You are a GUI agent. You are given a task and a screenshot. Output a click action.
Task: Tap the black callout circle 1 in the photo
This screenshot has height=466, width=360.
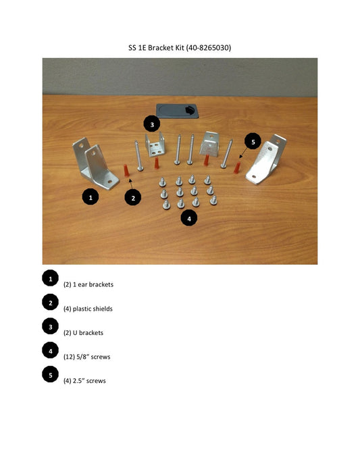(x=91, y=197)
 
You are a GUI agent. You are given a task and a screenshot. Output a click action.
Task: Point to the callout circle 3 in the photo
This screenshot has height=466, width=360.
(x=152, y=124)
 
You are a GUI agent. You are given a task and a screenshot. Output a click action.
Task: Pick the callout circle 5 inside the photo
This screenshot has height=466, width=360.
(x=253, y=142)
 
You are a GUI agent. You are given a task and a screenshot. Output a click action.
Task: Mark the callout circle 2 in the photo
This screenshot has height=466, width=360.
(x=134, y=197)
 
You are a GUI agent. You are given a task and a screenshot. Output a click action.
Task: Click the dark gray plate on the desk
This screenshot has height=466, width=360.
(x=178, y=110)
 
